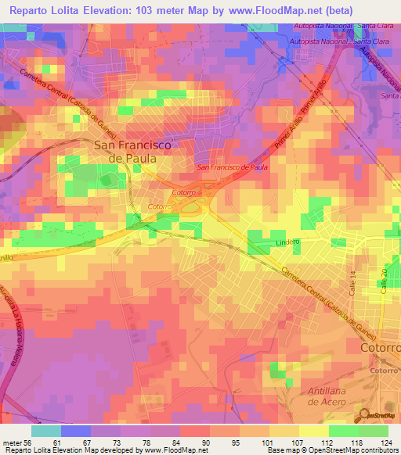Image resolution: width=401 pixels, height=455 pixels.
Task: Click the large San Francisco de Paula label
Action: tap(125, 151)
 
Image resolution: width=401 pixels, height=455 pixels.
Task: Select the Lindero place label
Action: tap(288, 242)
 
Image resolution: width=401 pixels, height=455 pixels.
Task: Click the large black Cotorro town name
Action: tap(379, 346)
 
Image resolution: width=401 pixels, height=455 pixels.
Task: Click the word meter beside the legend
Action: tap(11, 442)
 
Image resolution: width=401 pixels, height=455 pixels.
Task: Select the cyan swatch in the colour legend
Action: tap(45, 431)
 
